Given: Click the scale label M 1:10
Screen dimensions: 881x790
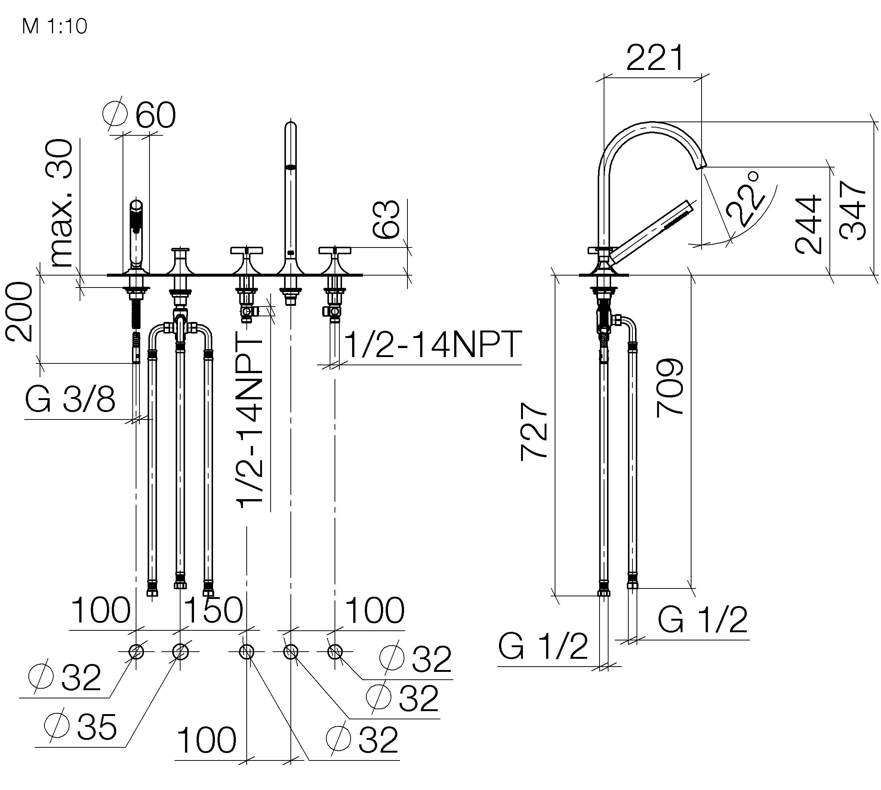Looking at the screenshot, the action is point(55,27).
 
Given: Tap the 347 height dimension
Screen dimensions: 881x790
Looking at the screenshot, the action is point(853,210).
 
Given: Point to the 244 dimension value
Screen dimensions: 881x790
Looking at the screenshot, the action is point(808,224).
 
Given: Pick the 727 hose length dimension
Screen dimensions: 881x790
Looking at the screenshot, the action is point(533,431).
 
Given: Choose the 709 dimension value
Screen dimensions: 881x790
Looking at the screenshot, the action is point(670,388).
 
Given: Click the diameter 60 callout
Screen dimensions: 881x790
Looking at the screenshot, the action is point(139,115).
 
